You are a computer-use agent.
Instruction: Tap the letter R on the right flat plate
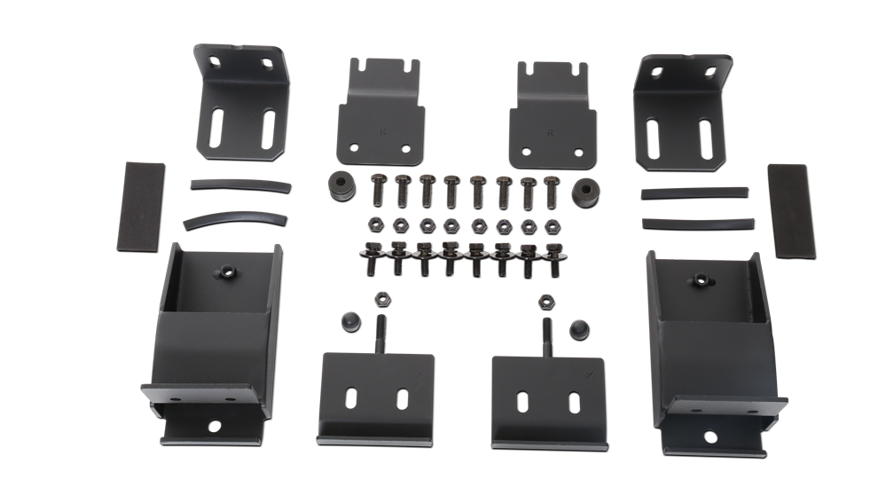tap(551, 132)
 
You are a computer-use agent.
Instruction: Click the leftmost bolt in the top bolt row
tap(377, 189)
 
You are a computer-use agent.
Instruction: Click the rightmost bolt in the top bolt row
tap(551, 189)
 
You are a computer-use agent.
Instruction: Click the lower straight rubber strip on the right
tap(696, 223)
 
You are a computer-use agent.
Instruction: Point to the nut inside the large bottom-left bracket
tap(228, 271)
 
